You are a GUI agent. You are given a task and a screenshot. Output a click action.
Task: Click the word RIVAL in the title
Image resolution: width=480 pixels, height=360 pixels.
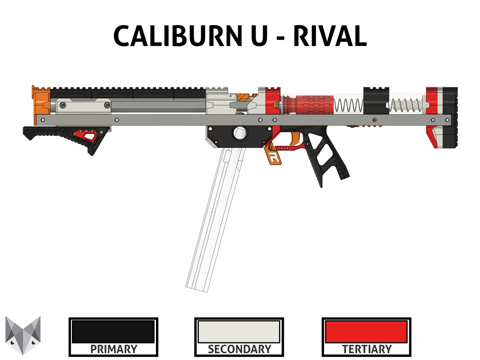point(330,36)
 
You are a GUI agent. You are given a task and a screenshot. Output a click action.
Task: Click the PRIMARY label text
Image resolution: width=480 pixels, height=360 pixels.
point(114,349)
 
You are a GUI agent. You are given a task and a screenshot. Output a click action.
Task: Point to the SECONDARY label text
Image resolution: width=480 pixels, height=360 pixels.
point(240,349)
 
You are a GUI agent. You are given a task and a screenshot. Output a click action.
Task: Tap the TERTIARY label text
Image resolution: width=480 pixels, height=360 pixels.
point(367,349)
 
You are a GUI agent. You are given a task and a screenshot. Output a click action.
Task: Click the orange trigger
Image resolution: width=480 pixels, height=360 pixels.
point(294,139)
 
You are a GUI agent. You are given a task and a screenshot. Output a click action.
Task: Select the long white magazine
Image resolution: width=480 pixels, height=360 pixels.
point(215,219)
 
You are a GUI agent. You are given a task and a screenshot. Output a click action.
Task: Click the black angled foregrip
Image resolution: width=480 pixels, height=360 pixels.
point(66,136)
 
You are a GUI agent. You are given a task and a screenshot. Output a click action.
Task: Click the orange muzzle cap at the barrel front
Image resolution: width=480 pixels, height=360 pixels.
point(41,103)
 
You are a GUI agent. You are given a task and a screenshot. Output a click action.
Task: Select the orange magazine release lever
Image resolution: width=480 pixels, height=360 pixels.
point(272,154)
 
